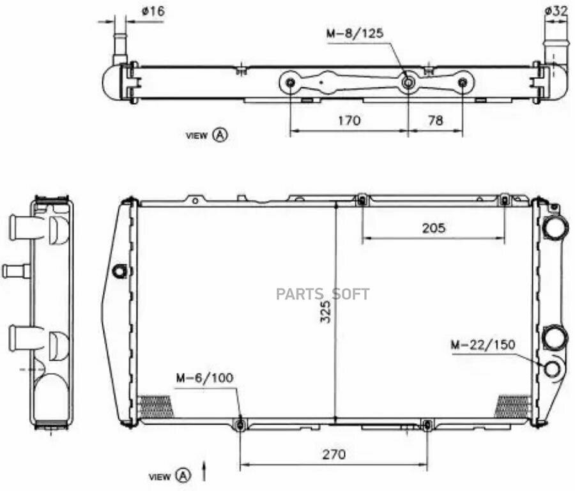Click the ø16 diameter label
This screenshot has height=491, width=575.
click(x=153, y=11)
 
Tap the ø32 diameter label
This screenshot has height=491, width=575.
click(x=556, y=11)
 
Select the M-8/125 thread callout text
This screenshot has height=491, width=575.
click(x=355, y=33)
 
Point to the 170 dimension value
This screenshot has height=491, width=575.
click(x=349, y=120)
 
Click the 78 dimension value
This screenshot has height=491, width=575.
click(x=435, y=120)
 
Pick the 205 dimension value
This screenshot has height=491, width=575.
click(x=434, y=229)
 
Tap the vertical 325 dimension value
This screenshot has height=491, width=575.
click(x=325, y=312)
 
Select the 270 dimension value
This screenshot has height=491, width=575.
click(x=333, y=455)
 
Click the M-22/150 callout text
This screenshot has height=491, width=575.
click(x=483, y=345)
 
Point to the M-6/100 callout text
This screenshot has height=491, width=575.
click(x=204, y=378)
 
